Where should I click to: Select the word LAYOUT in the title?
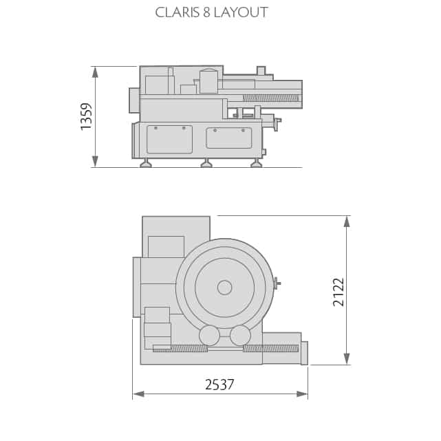(x=241, y=12)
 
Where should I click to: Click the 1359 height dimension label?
(x=87, y=116)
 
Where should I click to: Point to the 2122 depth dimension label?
(x=338, y=292)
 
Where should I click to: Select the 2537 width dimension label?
(x=219, y=385)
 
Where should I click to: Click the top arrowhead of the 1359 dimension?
(x=95, y=72)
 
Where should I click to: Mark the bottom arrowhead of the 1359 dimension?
(x=95, y=161)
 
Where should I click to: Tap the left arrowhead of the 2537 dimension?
(x=138, y=394)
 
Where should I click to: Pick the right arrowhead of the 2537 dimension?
(x=302, y=394)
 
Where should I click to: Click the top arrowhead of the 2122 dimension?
(x=347, y=221)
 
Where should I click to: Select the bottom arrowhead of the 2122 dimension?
(x=347, y=359)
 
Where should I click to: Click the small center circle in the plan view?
(x=225, y=288)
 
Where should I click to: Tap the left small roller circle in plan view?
(x=209, y=336)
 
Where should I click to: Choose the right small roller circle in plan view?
(x=240, y=336)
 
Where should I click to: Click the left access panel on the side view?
(x=169, y=140)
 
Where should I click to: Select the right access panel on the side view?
(x=228, y=138)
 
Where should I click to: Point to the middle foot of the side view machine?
(x=206, y=164)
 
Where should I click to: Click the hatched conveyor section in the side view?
(x=270, y=98)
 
